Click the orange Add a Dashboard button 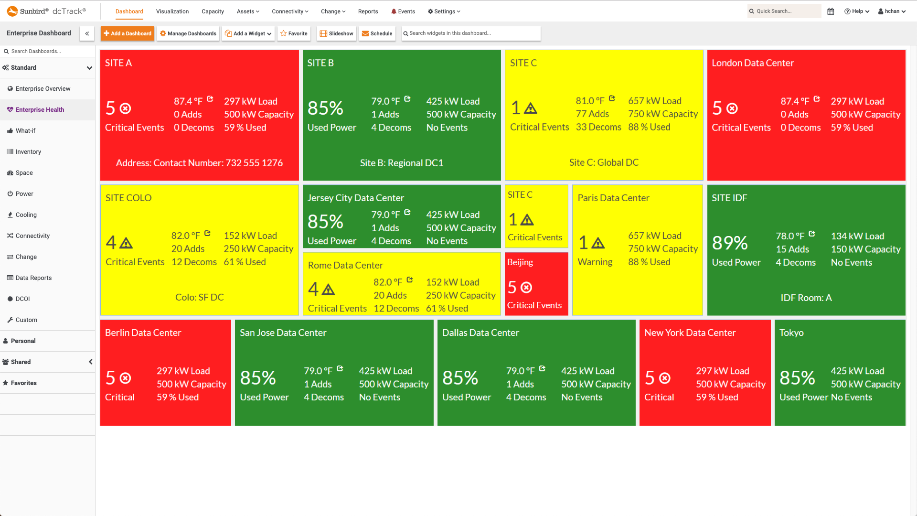coord(128,33)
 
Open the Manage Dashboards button coord(188,33)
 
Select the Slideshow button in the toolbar coord(337,33)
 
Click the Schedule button coord(377,33)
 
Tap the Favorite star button coord(294,33)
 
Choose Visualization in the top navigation coord(172,11)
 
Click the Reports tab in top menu coord(368,11)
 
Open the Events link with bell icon coord(403,11)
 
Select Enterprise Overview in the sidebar coord(43,89)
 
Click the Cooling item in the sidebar coord(26,215)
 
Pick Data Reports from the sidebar coord(33,278)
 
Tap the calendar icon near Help coord(831,11)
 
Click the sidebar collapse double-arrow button coord(87,33)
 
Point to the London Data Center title coord(753,63)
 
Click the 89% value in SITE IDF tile coord(730,243)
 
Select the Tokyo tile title coord(791,333)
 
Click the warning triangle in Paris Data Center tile coord(598,243)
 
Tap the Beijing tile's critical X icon coord(526,288)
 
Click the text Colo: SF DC coord(199,298)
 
